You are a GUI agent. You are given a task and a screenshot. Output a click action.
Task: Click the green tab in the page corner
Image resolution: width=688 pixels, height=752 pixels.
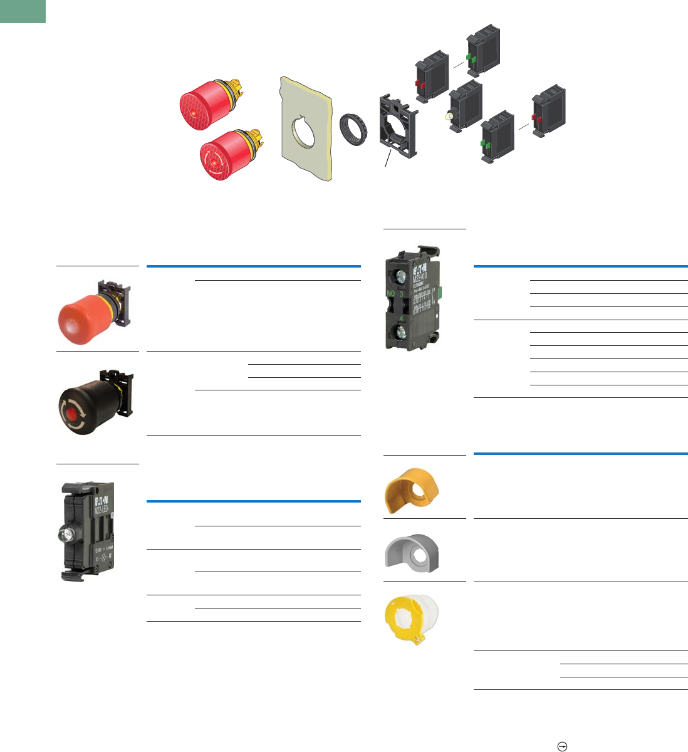(23, 11)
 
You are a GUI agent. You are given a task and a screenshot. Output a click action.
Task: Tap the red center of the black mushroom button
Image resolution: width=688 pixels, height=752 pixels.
(78, 414)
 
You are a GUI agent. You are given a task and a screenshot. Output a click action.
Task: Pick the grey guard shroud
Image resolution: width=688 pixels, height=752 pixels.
(412, 550)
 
